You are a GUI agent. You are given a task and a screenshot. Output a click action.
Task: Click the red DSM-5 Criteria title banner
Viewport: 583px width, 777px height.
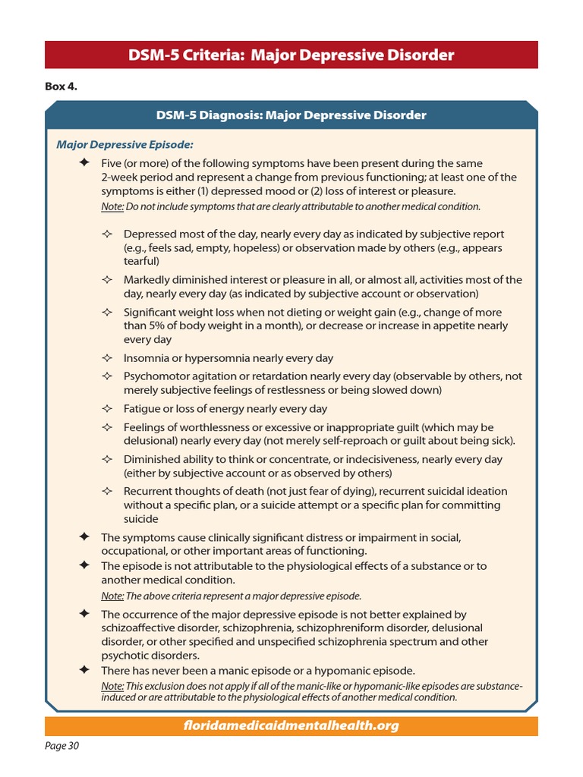click(x=291, y=55)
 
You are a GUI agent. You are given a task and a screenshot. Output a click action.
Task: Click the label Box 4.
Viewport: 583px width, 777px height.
click(x=61, y=87)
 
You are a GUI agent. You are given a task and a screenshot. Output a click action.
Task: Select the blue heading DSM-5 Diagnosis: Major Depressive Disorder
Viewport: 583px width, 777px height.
click(x=291, y=115)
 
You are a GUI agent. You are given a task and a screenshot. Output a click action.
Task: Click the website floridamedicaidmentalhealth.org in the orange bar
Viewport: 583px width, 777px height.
click(x=291, y=726)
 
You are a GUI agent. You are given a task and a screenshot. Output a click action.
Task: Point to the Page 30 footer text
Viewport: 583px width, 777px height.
click(x=62, y=746)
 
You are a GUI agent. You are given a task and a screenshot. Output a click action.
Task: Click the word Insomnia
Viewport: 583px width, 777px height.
click(x=147, y=358)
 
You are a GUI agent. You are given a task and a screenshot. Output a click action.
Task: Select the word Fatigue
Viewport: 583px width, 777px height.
click(x=142, y=409)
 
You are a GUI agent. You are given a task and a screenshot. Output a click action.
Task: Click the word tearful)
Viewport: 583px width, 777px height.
click(x=142, y=262)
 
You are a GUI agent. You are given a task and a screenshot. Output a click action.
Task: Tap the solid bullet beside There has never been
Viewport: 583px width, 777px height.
click(x=84, y=670)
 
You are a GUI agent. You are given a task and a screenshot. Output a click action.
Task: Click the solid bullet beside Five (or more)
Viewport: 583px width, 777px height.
click(x=84, y=163)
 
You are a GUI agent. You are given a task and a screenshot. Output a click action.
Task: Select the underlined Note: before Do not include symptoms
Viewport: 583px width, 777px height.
click(x=112, y=206)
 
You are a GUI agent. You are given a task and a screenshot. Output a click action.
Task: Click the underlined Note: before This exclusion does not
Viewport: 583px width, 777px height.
click(x=112, y=687)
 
